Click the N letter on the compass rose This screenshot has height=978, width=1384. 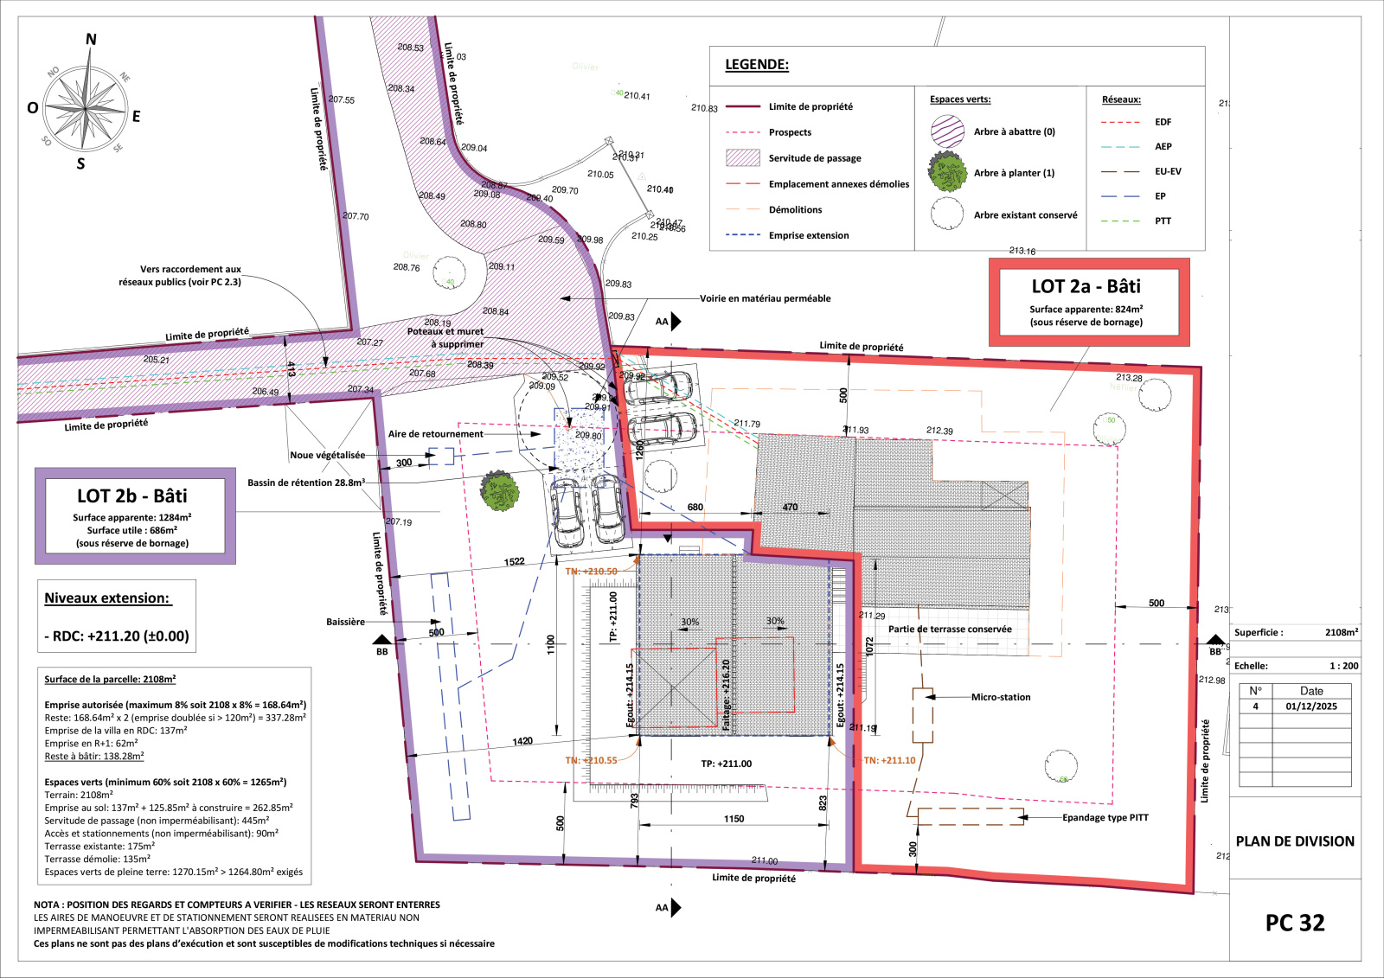pos(91,40)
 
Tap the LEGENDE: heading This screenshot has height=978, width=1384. pos(756,65)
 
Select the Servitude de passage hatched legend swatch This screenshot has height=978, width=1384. pos(743,157)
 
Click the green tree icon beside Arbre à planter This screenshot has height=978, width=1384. pos(947,172)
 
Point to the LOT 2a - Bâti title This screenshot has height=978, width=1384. pos(1086,287)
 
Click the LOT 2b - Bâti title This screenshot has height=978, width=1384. pos(131,496)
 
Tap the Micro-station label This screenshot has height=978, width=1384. pos(1000,697)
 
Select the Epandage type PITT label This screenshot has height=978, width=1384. pos(1105,817)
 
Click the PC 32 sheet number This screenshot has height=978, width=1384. pos(1294,923)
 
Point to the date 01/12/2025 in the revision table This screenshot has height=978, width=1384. pos(1310,706)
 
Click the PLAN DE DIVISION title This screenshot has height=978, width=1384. pos(1294,841)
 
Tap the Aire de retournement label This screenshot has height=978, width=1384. pos(435,434)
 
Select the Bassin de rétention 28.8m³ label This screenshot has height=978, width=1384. pos(306,483)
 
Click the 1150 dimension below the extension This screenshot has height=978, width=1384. pos(734,819)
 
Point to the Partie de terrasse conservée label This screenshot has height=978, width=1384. pos(949,630)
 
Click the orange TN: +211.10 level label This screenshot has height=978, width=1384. pos(889,761)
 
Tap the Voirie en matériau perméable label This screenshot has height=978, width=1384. pos(765,298)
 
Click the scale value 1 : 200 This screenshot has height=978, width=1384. pos(1343,666)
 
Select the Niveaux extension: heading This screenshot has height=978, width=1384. pos(107,598)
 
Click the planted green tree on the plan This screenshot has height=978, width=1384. pos(499,491)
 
